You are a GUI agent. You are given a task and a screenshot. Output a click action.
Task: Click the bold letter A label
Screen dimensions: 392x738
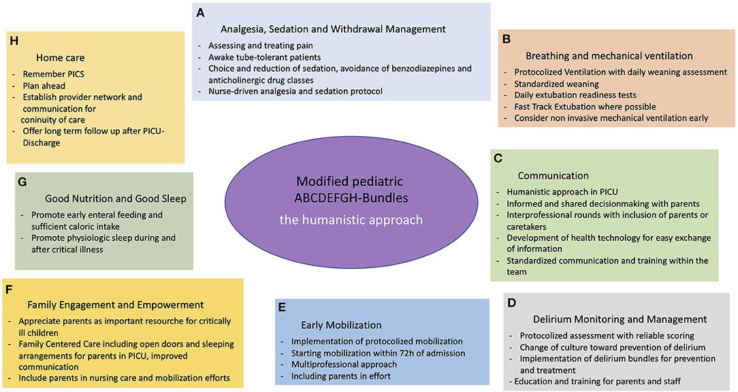(200, 13)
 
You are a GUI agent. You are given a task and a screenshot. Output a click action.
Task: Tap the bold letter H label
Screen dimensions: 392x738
(13, 41)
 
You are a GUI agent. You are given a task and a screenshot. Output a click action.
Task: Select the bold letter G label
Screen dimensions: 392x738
(22, 182)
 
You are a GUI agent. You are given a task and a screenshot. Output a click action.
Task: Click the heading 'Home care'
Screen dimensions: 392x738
(61, 58)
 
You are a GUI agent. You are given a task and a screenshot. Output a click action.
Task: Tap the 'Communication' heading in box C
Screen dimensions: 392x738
(553, 175)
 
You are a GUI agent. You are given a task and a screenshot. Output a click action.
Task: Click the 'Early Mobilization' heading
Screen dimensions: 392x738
(341, 325)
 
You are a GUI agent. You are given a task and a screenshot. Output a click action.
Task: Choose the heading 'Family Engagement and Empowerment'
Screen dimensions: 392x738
(116, 304)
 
